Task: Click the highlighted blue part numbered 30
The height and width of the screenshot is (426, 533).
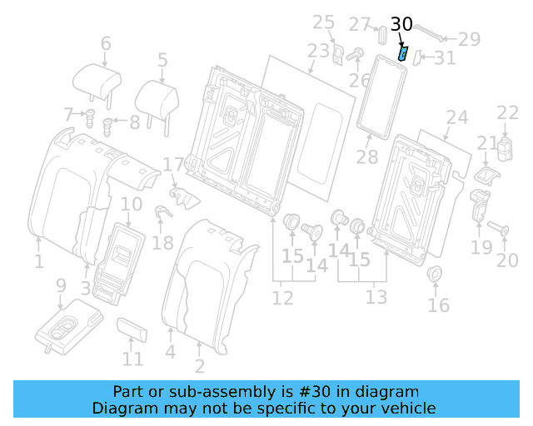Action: click(x=404, y=55)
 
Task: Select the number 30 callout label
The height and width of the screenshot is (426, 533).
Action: click(x=401, y=25)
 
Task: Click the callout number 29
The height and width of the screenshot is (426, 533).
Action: click(x=470, y=38)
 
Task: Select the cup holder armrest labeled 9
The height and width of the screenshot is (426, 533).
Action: click(x=68, y=328)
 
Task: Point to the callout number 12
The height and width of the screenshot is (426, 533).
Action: click(x=282, y=297)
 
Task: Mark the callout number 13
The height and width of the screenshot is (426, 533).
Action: click(x=376, y=297)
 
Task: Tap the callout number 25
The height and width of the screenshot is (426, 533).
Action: click(x=323, y=22)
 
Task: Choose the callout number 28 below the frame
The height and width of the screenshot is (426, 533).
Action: click(x=366, y=156)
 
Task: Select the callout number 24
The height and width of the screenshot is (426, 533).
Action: click(x=457, y=117)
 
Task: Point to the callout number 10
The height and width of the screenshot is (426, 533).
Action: click(x=132, y=204)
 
